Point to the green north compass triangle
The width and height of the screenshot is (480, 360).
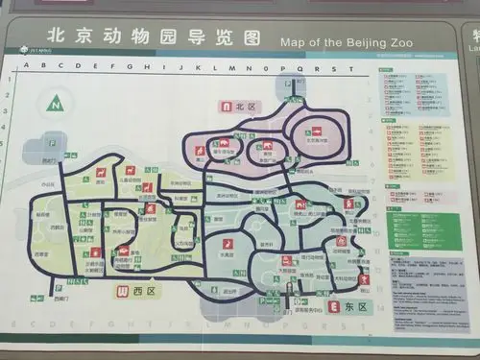coord(57,104)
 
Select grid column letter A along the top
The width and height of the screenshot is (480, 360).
coord(25,67)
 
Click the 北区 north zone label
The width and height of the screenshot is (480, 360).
coord(242,107)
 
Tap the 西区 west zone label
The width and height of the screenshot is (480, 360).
coord(140,291)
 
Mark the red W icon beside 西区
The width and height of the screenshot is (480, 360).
coord(122,291)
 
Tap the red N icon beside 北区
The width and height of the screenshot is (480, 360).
coord(227,107)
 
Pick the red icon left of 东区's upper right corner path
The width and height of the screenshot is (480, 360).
coord(348,204)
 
